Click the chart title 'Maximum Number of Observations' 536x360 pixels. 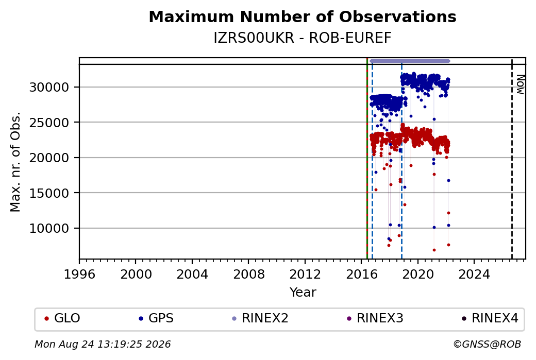303,16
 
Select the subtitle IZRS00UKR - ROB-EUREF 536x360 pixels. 303,38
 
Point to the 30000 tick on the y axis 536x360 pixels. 49,87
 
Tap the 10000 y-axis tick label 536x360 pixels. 49,228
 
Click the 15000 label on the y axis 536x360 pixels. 49,193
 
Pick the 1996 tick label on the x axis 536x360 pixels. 79,275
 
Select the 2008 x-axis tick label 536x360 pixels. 248,275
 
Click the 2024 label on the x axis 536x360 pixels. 474,275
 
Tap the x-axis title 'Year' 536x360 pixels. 303,293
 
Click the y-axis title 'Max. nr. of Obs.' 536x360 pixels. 15,162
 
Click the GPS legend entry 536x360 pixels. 157,318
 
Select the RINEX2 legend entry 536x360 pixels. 260,318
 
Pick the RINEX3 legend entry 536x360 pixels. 375,318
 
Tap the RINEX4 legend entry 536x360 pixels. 490,318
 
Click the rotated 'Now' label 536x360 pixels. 520,84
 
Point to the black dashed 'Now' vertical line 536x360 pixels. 512,159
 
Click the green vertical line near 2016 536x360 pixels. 367,159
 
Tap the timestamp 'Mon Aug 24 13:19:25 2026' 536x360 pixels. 103,344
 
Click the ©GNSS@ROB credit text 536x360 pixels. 488,344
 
